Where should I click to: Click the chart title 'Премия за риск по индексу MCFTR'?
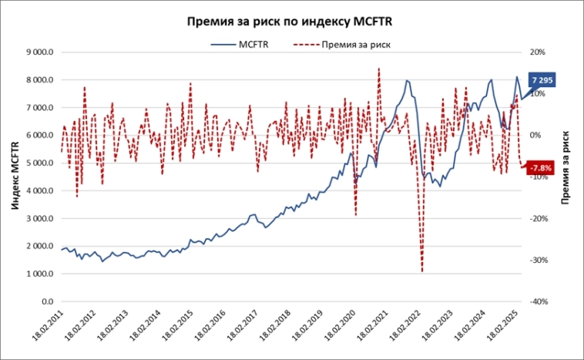[292, 21]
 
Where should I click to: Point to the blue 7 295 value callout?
[542, 81]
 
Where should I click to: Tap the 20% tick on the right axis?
[537, 52]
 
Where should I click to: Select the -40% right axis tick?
[537, 301]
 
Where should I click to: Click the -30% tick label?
[537, 260]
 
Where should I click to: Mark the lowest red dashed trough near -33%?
[422, 271]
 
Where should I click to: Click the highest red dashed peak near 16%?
[378, 69]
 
